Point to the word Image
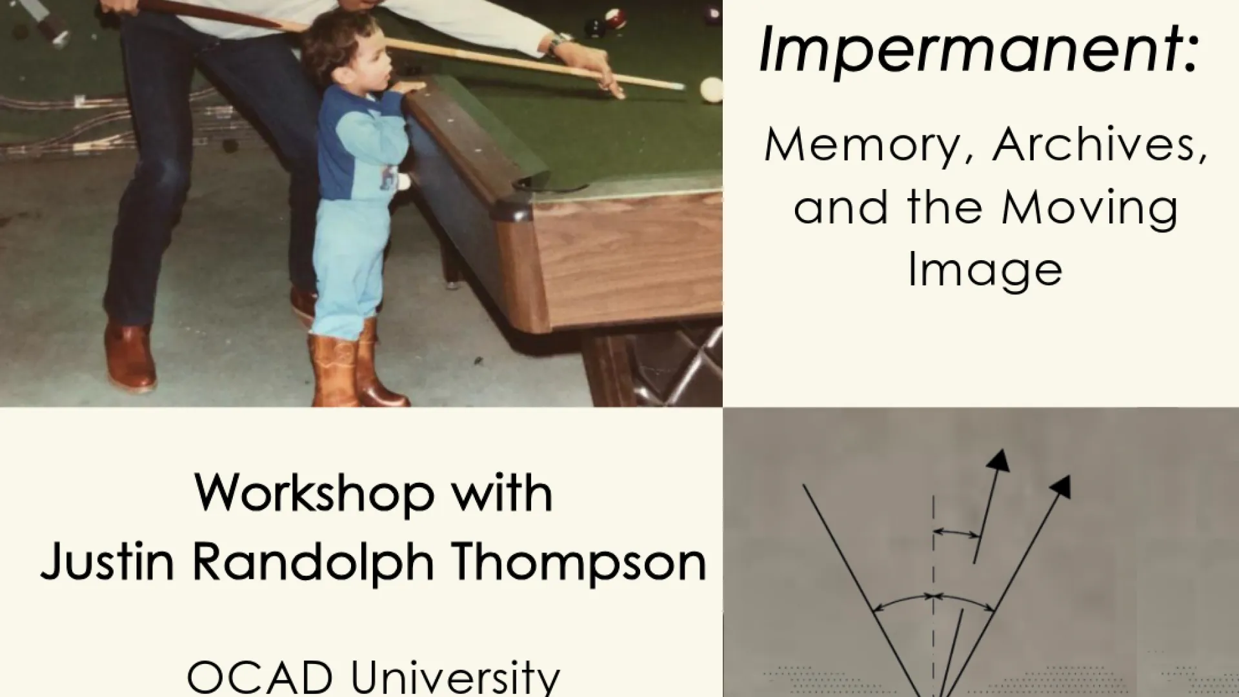tap(985, 270)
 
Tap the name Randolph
tap(312, 563)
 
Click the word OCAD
tap(259, 678)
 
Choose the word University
tap(456, 678)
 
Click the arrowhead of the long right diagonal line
tap(1061, 487)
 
